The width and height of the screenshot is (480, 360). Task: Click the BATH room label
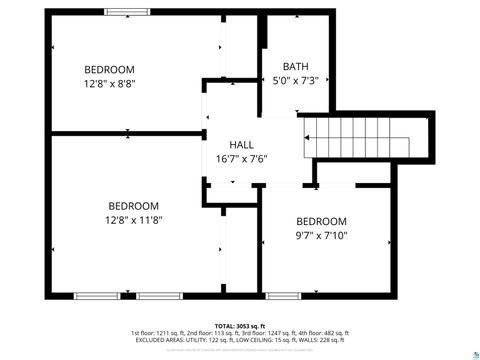tap(296, 66)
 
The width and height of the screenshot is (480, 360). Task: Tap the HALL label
tap(241, 144)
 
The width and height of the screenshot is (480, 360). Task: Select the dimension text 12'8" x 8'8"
tap(109, 84)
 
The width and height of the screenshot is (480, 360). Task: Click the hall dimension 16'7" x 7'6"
tap(241, 158)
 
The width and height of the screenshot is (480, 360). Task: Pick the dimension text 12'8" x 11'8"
tap(134, 220)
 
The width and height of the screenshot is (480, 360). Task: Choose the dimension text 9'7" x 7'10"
tap(321, 236)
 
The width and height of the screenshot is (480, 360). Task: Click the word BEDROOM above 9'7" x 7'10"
tap(321, 221)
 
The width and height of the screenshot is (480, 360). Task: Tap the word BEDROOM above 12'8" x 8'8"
tap(109, 69)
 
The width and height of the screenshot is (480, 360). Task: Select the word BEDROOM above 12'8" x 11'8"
tap(134, 205)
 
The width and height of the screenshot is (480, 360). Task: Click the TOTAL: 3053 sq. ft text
tap(240, 325)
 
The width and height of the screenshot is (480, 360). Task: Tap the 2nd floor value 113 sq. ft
tap(226, 333)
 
